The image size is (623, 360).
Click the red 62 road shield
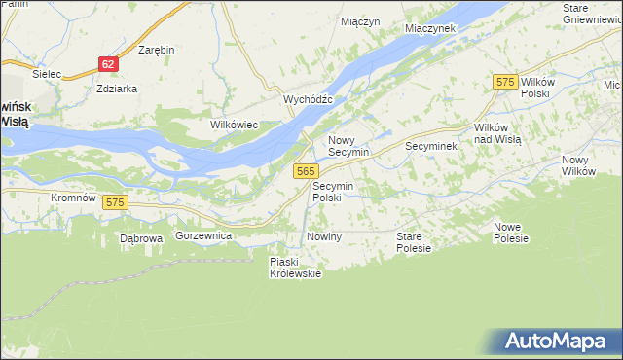click(108, 64)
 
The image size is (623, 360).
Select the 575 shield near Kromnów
click(116, 201)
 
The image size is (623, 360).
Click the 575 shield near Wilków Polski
click(503, 83)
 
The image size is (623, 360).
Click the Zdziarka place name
click(117, 88)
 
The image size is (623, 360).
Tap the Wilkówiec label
click(234, 125)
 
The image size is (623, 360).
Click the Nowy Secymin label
click(348, 147)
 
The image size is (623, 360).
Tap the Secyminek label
click(430, 146)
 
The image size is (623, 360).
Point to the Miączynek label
click(430, 28)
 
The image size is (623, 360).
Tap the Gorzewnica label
click(202, 236)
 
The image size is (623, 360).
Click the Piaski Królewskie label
click(295, 267)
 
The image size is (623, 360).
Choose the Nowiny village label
click(324, 237)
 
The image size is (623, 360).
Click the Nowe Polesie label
click(510, 233)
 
